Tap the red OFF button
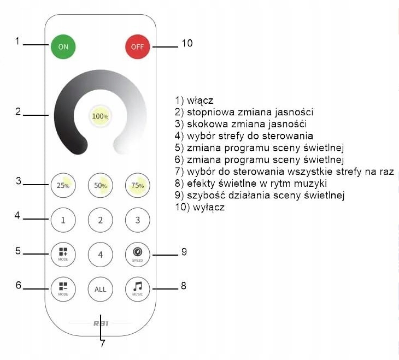(137, 47)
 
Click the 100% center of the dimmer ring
(100, 116)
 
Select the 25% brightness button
(63, 185)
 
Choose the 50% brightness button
(100, 185)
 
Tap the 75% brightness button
(137, 185)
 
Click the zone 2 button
(100, 221)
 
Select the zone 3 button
(137, 221)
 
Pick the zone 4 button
(100, 255)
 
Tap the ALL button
(100, 289)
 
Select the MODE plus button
(63, 254)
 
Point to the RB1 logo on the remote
(101, 323)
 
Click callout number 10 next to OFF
(187, 43)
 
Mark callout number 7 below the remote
(102, 344)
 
